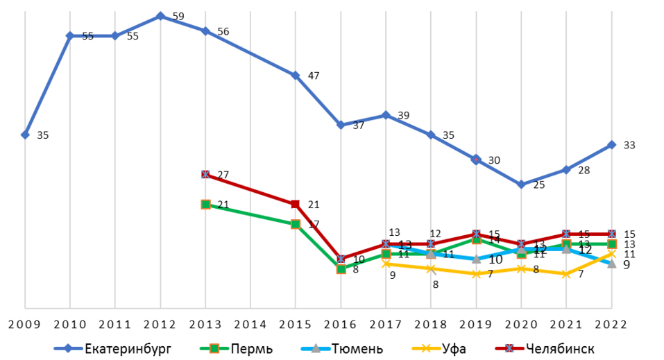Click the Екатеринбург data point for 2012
160,16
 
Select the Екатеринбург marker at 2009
25,135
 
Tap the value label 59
178,16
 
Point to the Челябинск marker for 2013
205,174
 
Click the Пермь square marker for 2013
205,204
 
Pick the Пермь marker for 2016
341,268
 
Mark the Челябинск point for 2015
296,204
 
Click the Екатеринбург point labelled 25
521,185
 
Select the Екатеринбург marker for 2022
611,145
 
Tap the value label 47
314,76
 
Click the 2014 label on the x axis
250,325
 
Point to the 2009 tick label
25,325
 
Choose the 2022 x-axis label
611,325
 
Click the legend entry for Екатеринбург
114,348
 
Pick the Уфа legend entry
438,348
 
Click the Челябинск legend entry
545,348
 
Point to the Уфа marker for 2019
476,274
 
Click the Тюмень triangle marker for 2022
611,264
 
